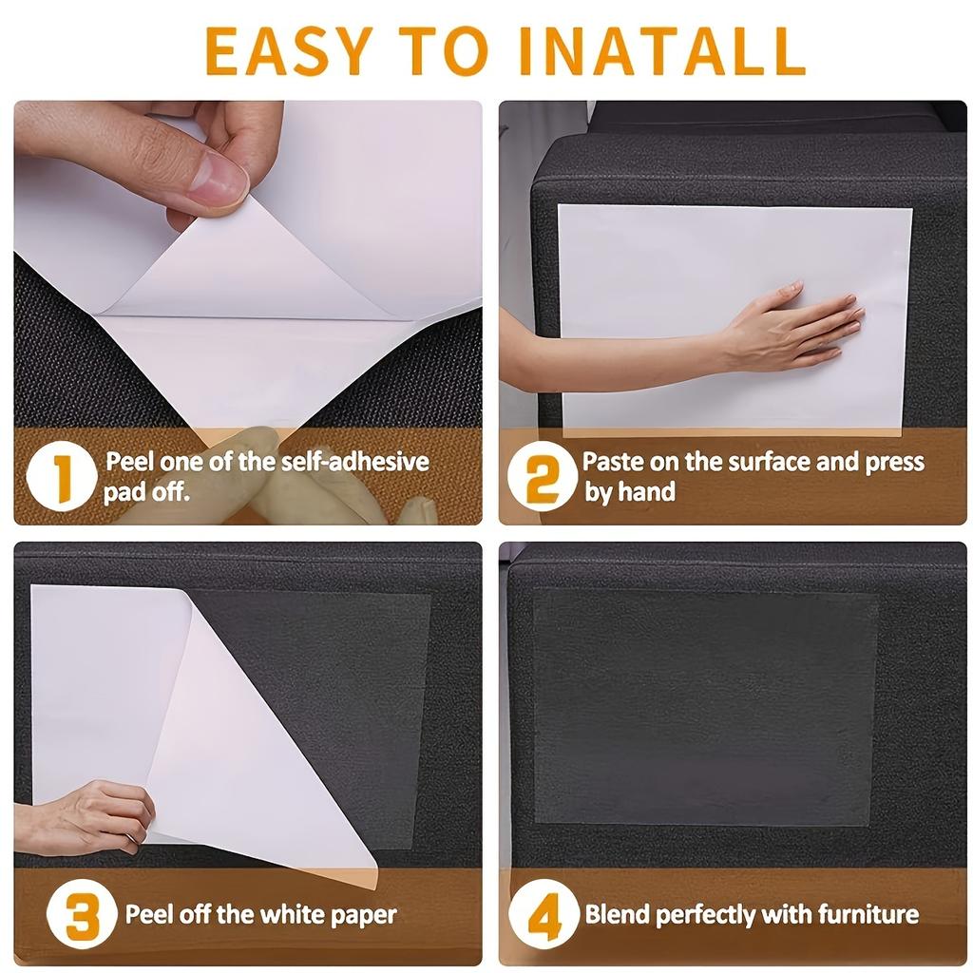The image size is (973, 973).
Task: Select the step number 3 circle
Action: click(82, 917)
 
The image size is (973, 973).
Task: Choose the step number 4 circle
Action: click(544, 917)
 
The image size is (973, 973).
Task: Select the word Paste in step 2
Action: click(615, 463)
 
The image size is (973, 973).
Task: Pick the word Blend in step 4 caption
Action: click(617, 916)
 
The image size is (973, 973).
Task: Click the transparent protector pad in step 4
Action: click(704, 707)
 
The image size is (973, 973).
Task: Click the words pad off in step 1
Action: click(147, 493)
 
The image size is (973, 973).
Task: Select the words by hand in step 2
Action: click(630, 493)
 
